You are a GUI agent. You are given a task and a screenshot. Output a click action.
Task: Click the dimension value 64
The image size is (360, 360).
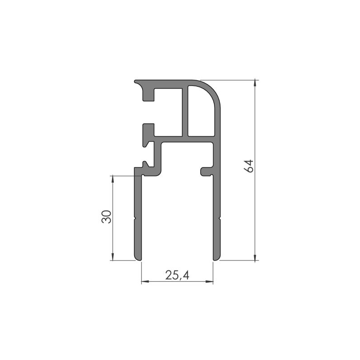click(x=249, y=166)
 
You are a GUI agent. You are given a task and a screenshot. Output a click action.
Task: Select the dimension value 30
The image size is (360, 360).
click(x=106, y=217)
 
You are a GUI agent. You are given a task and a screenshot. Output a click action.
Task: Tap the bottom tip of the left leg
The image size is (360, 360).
click(x=138, y=258)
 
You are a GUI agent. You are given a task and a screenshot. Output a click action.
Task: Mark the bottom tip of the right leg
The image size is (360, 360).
click(x=216, y=258)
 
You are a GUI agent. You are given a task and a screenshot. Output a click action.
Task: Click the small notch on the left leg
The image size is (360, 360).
click(x=135, y=219)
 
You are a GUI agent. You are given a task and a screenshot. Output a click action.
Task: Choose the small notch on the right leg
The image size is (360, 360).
click(x=220, y=219)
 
